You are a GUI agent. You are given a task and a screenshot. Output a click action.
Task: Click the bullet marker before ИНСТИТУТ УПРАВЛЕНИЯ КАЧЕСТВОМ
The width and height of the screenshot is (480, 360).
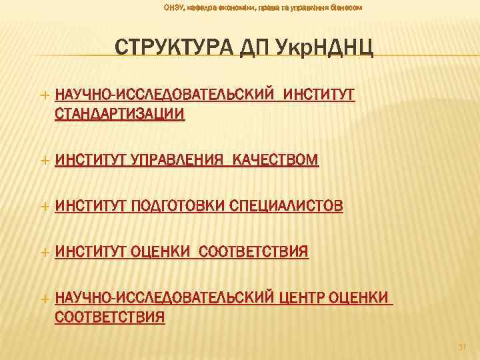[45, 161]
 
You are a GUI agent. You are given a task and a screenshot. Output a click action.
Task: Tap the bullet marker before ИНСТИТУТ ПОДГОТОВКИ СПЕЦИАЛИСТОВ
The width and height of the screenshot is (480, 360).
[45, 207]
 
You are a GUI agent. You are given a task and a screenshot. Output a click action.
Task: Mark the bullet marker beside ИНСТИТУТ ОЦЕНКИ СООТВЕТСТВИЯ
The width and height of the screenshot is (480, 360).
[45, 252]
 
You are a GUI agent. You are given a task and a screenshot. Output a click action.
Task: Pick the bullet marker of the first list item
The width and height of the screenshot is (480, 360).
[45, 95]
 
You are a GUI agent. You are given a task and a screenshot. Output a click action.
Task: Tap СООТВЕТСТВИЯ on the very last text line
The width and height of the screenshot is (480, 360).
[109, 316]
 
